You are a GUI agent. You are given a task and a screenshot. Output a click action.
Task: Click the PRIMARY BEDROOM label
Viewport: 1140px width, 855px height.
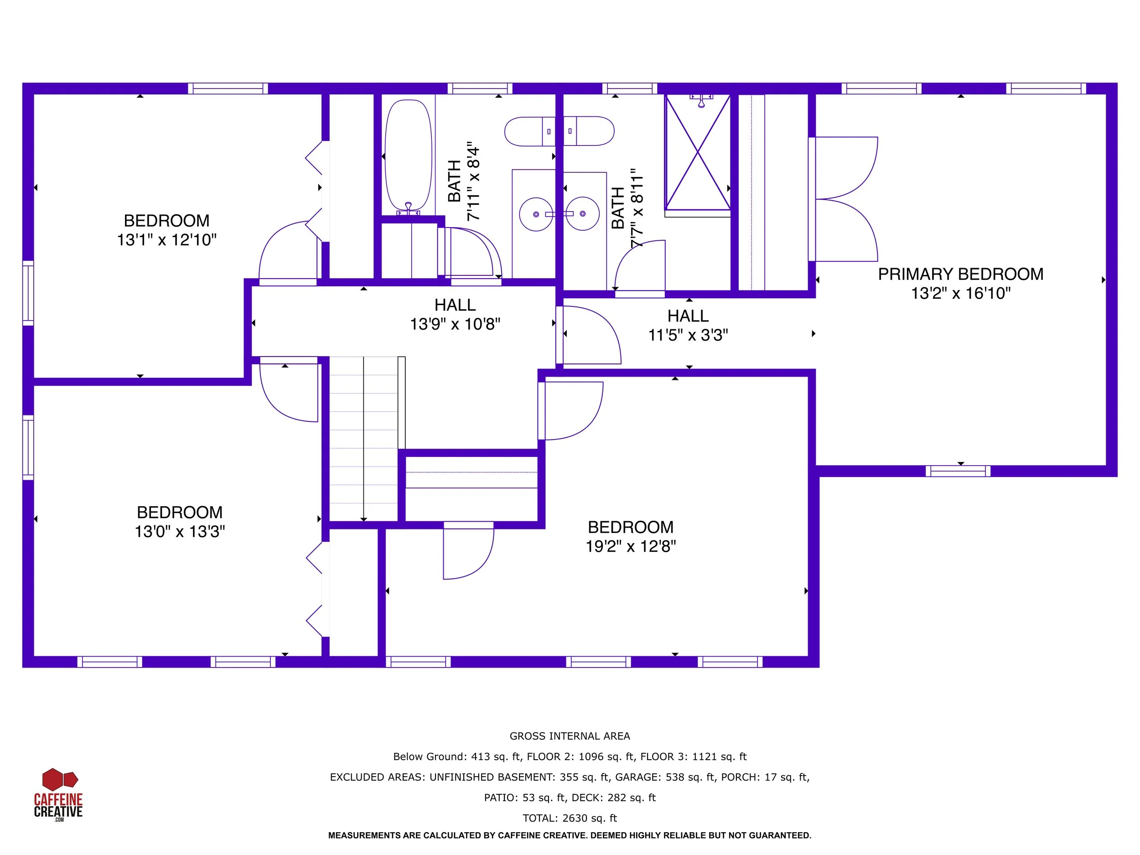tap(961, 274)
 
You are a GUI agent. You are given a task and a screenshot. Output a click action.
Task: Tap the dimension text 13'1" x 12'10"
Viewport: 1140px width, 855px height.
tap(166, 240)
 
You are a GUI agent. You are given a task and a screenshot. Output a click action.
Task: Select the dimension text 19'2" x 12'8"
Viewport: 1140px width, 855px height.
tap(630, 546)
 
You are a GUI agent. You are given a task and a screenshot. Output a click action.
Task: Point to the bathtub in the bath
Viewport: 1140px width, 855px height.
tap(408, 156)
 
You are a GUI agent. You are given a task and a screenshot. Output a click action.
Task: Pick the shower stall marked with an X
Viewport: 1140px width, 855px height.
tap(697, 153)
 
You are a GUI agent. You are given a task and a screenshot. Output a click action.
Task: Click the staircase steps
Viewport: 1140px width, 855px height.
tap(364, 439)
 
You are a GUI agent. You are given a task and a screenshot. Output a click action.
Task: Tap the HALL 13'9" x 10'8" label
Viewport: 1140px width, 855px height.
tap(455, 314)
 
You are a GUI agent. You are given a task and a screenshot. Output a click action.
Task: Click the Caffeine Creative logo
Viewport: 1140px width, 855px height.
tap(58, 794)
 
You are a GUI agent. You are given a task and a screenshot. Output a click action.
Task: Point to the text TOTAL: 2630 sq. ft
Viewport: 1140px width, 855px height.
tap(570, 818)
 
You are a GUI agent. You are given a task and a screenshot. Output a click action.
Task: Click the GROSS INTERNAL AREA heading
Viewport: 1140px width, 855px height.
tap(570, 736)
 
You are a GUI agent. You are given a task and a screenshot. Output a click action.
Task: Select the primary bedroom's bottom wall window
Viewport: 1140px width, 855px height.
tap(958, 471)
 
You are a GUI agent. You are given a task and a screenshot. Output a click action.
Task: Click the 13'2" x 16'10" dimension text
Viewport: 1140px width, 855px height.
tap(961, 293)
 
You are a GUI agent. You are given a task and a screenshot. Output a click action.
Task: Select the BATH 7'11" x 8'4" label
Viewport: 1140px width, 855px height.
tap(463, 181)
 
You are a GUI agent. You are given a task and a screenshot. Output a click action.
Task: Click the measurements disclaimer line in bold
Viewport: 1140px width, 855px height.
tap(570, 835)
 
